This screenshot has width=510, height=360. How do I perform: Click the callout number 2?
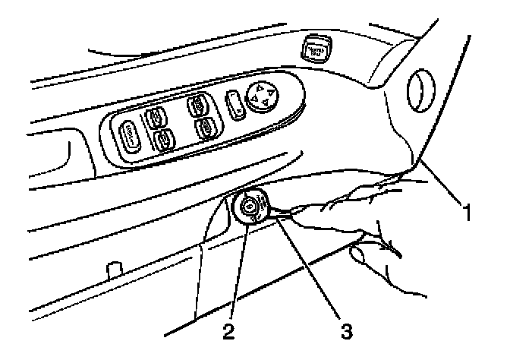(x=225, y=330)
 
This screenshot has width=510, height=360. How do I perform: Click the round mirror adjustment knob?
(x=262, y=97)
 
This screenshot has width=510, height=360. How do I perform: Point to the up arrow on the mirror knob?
(x=266, y=87)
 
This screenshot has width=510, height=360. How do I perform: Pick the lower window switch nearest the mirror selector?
(x=206, y=126)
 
